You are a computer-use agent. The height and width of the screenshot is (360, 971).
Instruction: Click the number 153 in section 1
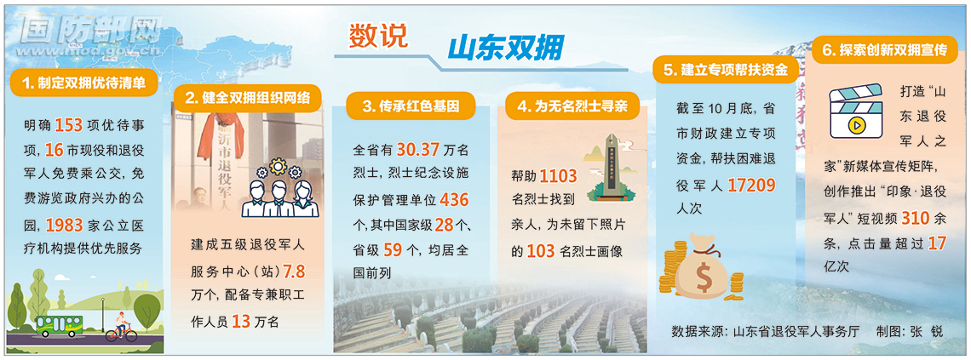[x=69, y=125]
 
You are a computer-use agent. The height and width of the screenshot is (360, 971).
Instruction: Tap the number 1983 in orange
[x=65, y=224]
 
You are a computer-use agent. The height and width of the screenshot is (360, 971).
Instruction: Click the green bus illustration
[x=60, y=325]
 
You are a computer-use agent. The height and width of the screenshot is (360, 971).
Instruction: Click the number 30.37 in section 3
[x=418, y=150]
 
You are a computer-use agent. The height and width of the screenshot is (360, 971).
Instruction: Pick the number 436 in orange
[x=455, y=200]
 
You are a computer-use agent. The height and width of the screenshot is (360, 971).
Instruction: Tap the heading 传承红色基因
[x=411, y=106]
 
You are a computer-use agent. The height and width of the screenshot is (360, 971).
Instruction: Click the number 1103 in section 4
[x=558, y=177]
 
